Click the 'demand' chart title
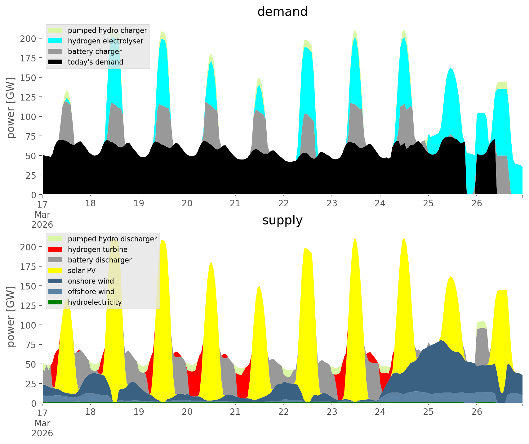(282, 12)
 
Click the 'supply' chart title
(282, 220)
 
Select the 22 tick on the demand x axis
(283, 204)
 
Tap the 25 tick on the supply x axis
(428, 412)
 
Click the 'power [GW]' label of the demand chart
(11, 108)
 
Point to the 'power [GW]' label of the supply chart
(11, 316)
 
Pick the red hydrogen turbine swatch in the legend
(56, 249)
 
